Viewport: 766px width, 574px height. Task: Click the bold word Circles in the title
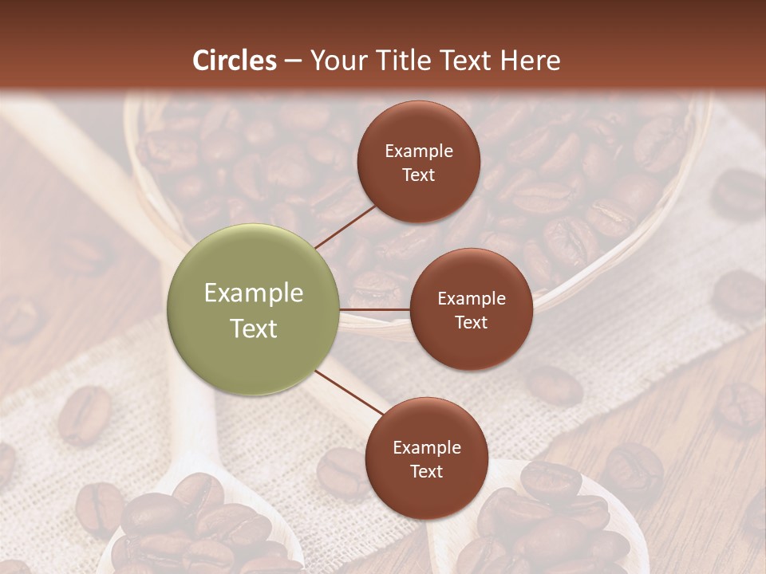[x=234, y=61]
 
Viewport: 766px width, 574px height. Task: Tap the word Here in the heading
[x=530, y=61]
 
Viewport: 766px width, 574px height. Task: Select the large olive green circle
[x=254, y=310]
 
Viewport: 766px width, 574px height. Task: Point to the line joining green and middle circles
[x=375, y=309]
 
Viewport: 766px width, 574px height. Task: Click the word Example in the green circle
[x=254, y=293]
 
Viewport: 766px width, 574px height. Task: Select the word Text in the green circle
[x=254, y=328]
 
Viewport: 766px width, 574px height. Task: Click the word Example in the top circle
[x=419, y=151]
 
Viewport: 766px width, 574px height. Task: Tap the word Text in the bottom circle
[x=426, y=471]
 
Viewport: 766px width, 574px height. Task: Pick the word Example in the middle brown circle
[x=472, y=299]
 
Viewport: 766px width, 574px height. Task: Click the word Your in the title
[x=335, y=61]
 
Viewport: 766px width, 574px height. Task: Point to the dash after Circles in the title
[x=292, y=61]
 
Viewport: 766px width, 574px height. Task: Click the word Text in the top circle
[x=419, y=175]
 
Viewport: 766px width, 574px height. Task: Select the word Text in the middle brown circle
[x=471, y=322]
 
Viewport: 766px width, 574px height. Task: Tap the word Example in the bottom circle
[x=427, y=448]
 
